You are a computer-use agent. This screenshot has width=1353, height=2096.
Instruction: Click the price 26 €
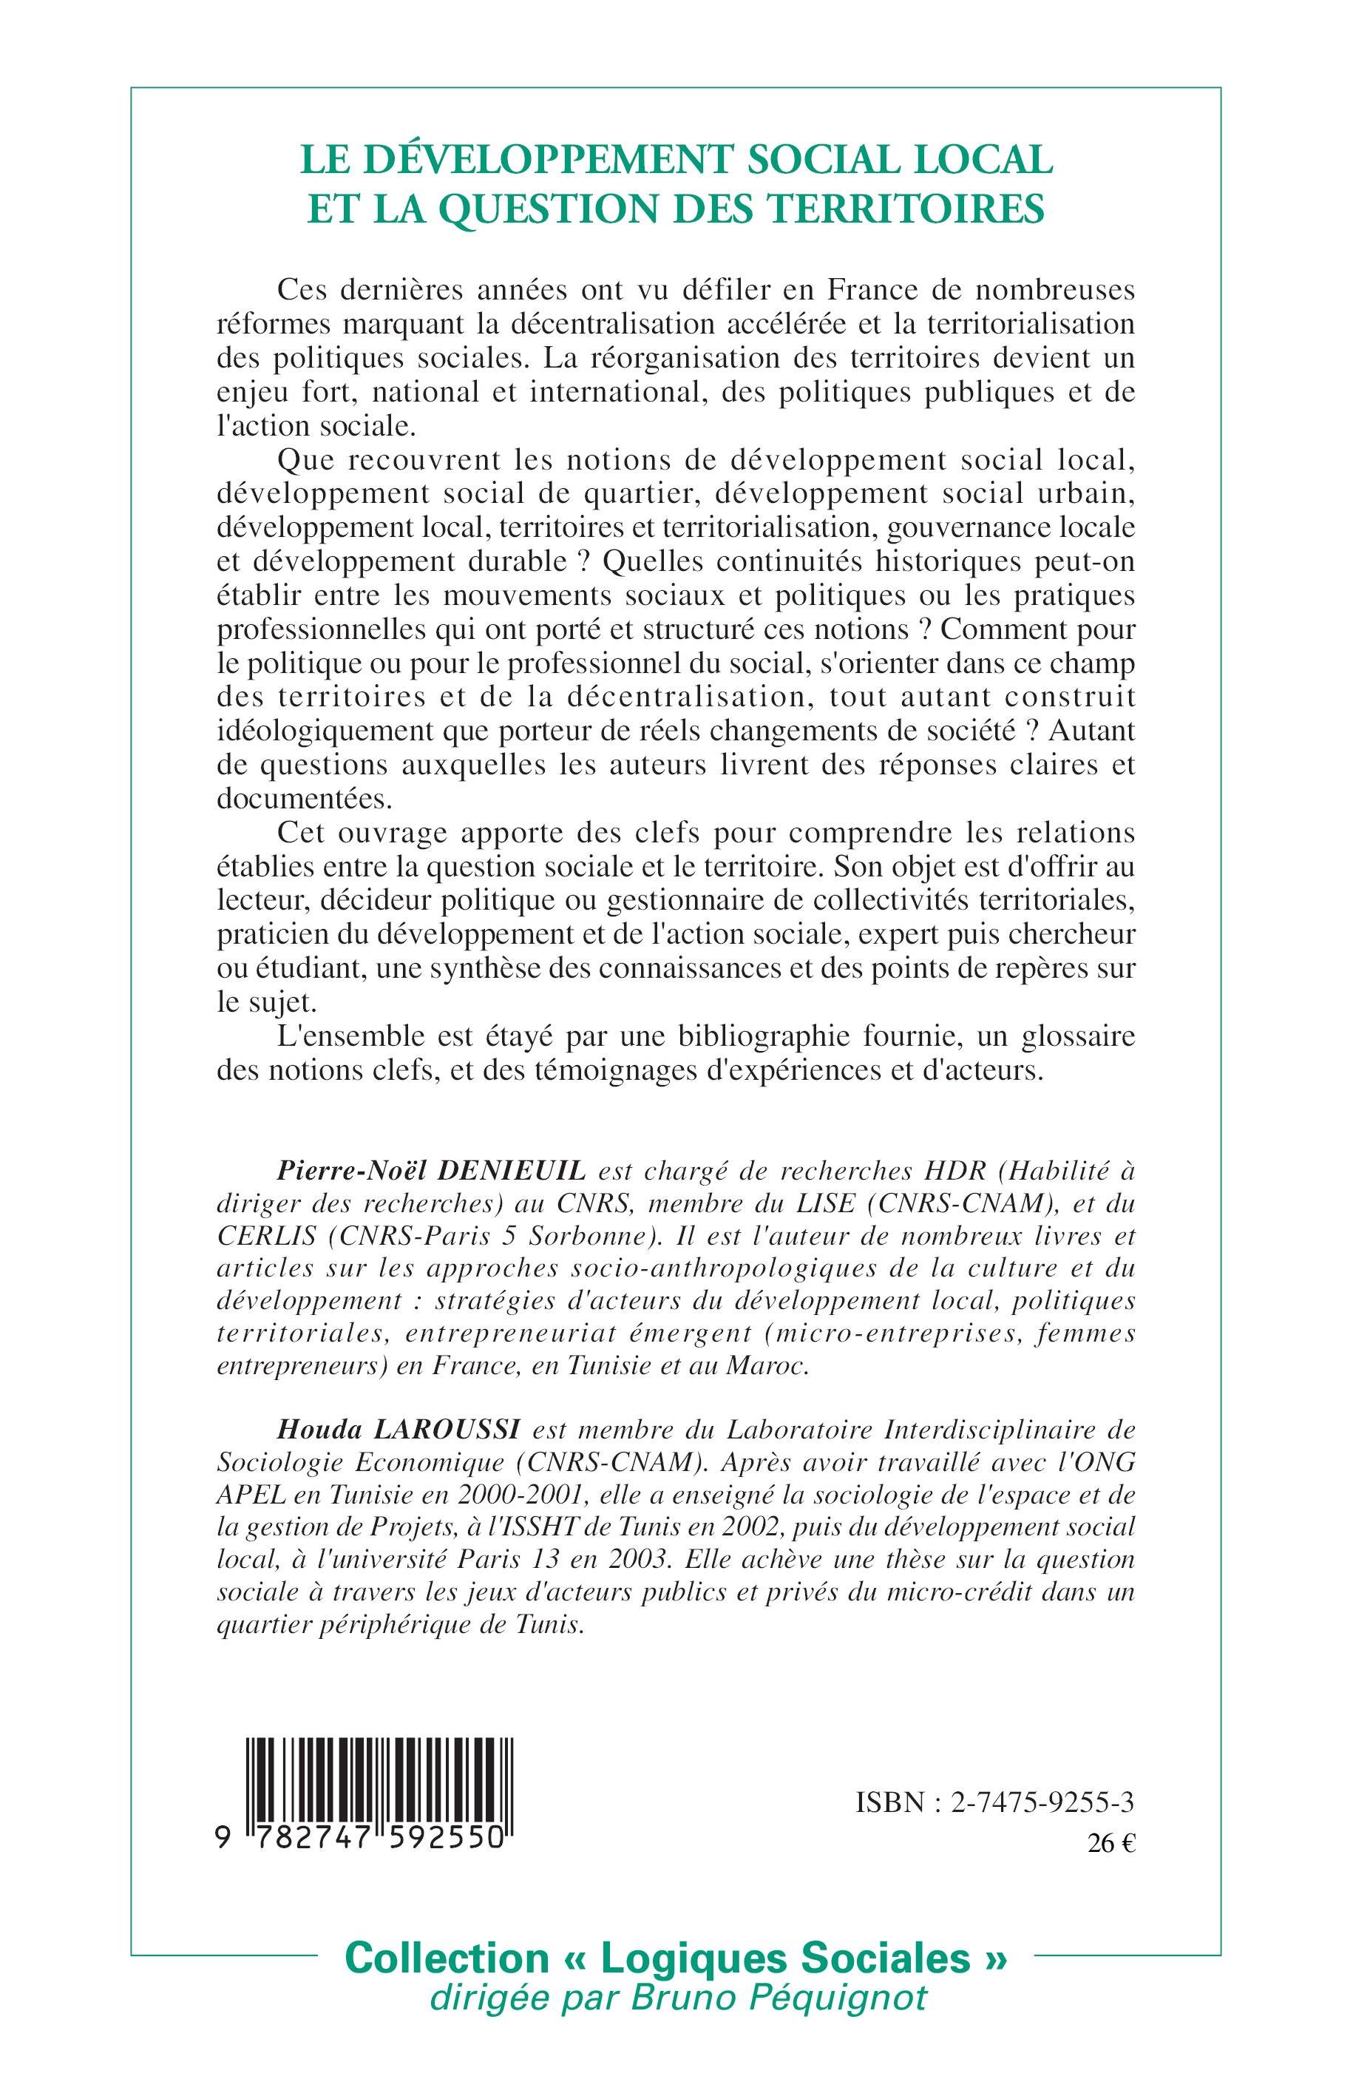click(x=1110, y=1844)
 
